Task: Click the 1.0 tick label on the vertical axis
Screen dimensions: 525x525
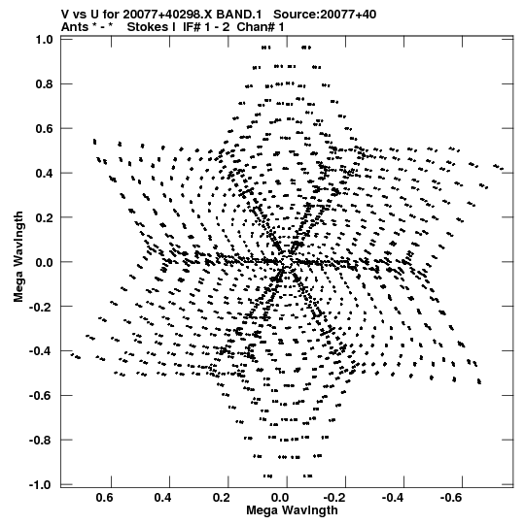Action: [45, 40]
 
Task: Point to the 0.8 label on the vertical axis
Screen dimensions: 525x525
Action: [45, 84]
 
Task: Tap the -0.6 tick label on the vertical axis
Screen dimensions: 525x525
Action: [41, 395]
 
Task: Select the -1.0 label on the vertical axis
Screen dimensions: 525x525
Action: [41, 484]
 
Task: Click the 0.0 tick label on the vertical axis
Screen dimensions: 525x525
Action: [45, 262]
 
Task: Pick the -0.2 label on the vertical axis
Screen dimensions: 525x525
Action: [41, 307]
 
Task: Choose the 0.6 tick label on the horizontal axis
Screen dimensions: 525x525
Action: [104, 498]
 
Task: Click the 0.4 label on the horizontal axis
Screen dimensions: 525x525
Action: [162, 498]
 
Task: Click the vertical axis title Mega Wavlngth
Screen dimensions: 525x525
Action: [18, 257]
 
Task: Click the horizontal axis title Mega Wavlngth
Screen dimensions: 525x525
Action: [292, 510]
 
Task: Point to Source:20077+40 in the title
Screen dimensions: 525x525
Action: [325, 15]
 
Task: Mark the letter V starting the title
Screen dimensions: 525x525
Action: [65, 15]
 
